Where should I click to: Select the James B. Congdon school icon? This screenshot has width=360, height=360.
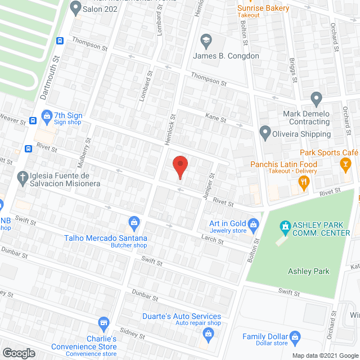click(205, 40)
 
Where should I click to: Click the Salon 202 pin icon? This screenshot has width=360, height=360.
click(75, 8)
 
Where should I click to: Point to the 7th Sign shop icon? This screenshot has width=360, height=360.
click(47, 115)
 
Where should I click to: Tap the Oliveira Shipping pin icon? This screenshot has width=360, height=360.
click(265, 134)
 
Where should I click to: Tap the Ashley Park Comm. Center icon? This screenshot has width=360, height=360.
click(285, 228)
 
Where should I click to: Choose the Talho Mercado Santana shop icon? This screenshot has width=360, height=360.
click(134, 223)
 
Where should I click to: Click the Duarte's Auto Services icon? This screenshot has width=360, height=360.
click(208, 334)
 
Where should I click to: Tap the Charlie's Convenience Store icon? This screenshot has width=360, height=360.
click(103, 323)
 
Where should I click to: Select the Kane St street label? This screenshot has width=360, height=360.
click(215, 119)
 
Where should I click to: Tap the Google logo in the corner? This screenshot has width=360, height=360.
click(19, 353)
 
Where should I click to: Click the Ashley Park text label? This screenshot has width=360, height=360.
click(308, 271)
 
